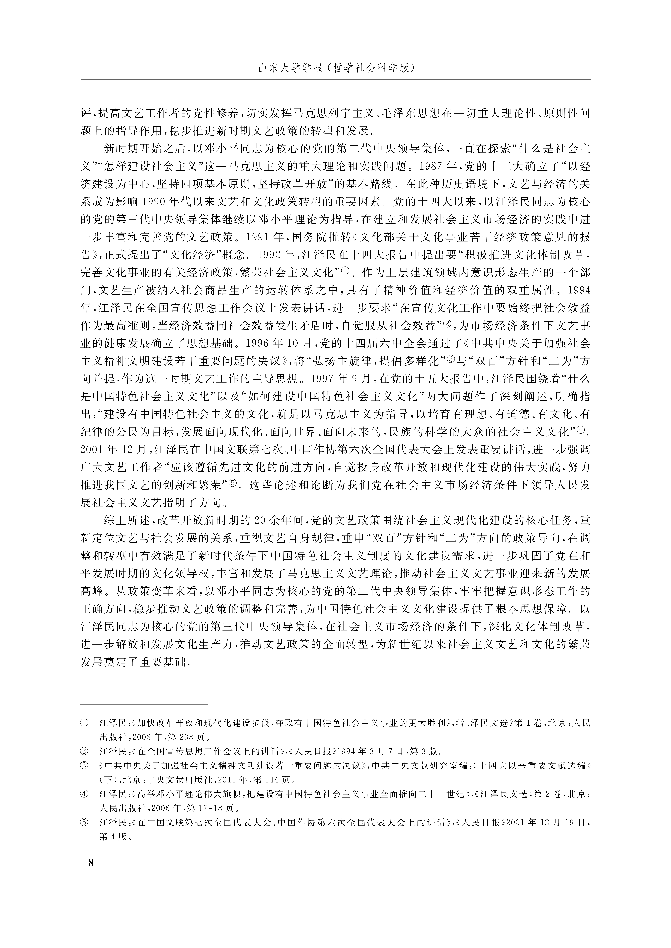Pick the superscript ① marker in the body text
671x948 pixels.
point(345,270)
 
